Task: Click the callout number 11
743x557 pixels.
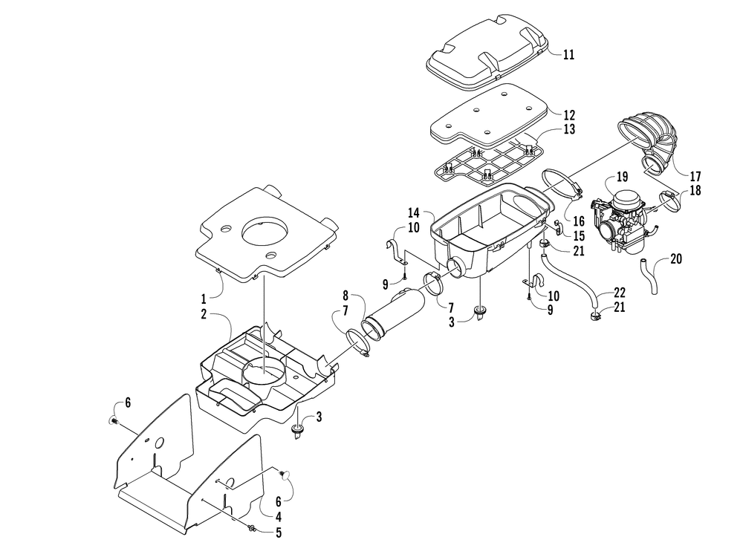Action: point(568,55)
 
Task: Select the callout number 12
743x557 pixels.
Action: point(568,115)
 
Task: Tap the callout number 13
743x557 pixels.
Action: point(568,130)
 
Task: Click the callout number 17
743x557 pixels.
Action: point(695,177)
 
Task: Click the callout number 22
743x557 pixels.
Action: point(619,293)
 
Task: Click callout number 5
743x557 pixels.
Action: point(279,532)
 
